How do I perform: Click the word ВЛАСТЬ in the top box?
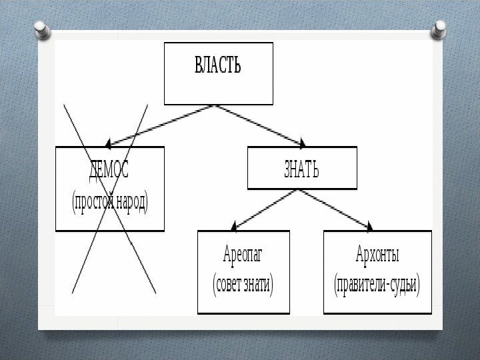(218, 66)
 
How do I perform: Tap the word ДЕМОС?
(109, 171)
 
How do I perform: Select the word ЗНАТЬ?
(301, 170)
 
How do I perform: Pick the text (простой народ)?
(109, 201)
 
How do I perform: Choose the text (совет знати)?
(243, 285)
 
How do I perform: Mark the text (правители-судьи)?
(377, 285)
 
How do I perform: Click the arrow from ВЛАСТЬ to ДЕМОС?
(160, 125)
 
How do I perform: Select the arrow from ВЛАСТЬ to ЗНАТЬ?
(260, 125)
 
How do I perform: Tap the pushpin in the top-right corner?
(439, 29)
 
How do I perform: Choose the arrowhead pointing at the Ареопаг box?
(234, 226)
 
